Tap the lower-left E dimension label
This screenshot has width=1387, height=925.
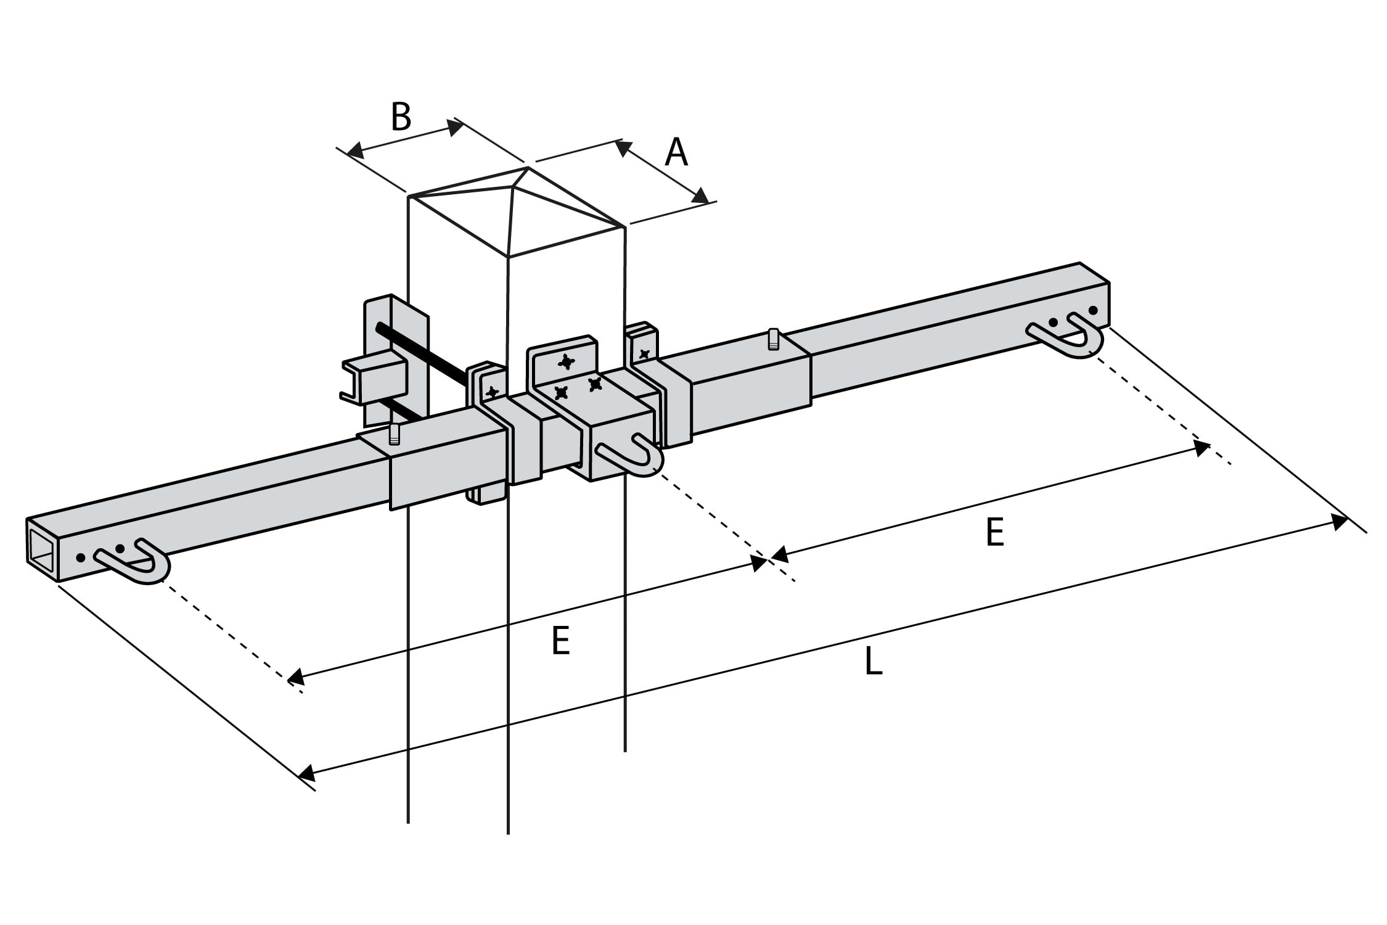pos(560,641)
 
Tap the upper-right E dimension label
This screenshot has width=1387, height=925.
pos(995,533)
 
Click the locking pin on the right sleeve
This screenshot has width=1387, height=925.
pos(773,340)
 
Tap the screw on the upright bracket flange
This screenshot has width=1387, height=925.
pos(566,362)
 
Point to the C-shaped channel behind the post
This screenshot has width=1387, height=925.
pos(373,379)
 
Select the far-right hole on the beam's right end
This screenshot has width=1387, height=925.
pos(1094,310)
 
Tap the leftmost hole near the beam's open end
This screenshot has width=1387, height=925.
pos(81,558)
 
